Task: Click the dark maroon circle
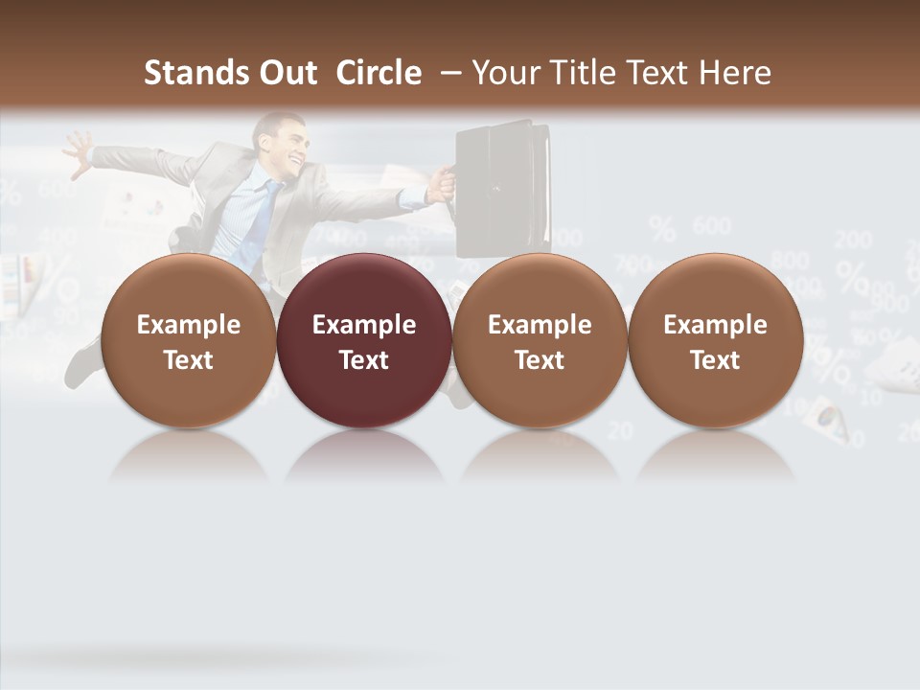click(x=364, y=340)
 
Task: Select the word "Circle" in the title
click(x=379, y=73)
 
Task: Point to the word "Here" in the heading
click(x=736, y=73)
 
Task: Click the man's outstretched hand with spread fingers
click(x=77, y=149)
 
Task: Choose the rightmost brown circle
click(x=715, y=340)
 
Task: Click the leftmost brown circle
click(x=188, y=340)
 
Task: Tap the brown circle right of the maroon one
click(x=540, y=340)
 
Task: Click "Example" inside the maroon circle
click(x=364, y=325)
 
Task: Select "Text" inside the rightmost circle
click(x=715, y=360)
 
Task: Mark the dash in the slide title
click(x=450, y=73)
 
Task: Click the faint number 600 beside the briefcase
click(x=711, y=227)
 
